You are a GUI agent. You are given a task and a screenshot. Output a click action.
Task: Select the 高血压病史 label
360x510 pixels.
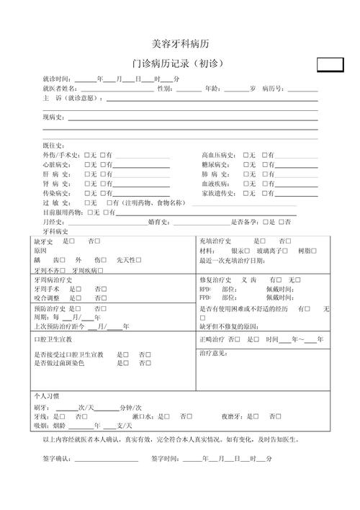tap(218, 155)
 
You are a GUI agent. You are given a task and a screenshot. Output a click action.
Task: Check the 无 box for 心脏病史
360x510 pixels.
tap(86, 165)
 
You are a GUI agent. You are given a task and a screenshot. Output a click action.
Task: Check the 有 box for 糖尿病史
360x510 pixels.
tap(265, 165)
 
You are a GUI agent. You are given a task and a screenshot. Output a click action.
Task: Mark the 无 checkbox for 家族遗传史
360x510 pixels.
tap(246, 193)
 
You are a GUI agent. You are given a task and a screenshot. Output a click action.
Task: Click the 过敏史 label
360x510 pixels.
tap(56, 202)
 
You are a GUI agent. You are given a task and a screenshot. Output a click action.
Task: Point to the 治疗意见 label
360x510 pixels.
tap(213, 353)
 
